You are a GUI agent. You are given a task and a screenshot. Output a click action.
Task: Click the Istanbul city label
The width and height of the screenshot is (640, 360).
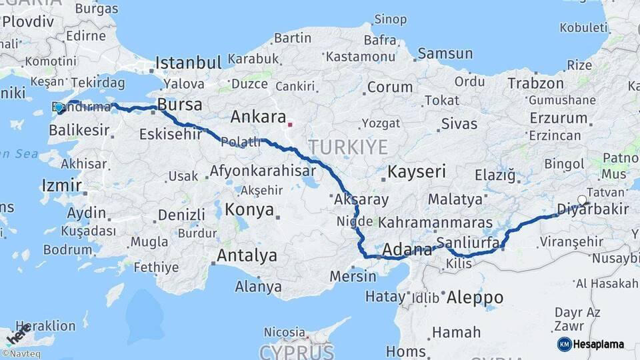point(188,63)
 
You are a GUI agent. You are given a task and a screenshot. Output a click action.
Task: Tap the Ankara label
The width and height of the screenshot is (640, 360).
point(258,117)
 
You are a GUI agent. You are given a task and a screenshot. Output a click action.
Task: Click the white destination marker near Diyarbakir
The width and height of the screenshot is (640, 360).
point(582,200)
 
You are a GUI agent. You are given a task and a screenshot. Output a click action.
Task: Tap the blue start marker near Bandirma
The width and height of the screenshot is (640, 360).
point(59,107)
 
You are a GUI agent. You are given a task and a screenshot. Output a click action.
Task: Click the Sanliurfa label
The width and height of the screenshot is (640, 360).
point(467,243)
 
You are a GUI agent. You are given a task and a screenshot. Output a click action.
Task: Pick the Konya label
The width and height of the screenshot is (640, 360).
point(249,209)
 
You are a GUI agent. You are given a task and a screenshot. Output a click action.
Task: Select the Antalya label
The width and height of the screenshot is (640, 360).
point(247,255)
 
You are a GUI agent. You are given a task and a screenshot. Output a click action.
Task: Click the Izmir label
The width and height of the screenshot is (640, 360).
point(61,185)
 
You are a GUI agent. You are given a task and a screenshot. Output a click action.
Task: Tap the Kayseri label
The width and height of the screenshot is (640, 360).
point(417,171)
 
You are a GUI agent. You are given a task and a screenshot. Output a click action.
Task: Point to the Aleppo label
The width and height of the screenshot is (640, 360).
point(475,297)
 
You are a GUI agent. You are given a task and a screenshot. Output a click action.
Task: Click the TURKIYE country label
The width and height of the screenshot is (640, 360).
point(347,147)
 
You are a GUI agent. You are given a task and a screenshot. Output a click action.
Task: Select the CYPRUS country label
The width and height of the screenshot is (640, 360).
point(296,351)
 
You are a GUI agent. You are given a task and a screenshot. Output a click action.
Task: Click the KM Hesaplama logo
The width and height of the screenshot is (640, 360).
point(591,344)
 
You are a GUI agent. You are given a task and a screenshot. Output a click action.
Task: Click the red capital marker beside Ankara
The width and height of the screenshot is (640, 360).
point(290,124)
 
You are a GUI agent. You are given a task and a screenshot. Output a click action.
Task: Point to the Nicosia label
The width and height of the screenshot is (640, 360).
point(285,331)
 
